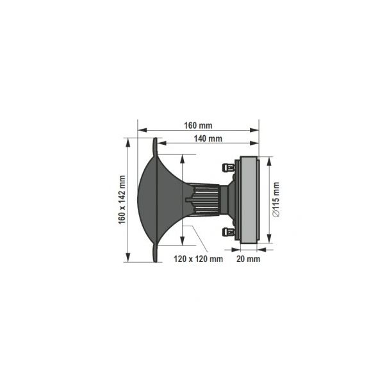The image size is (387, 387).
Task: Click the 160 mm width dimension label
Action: coord(198,126)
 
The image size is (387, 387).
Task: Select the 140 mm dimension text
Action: coord(208,138)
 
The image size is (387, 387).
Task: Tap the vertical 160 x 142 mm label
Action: coord(122,200)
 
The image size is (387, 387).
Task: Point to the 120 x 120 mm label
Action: coord(198,259)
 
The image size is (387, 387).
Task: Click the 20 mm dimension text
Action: coord(249,259)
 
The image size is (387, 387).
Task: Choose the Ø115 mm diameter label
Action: coord(276,199)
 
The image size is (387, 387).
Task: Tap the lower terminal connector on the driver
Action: coord(229,232)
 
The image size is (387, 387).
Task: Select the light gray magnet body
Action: coord(249,200)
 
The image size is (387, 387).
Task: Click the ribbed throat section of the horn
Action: coord(207,200)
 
